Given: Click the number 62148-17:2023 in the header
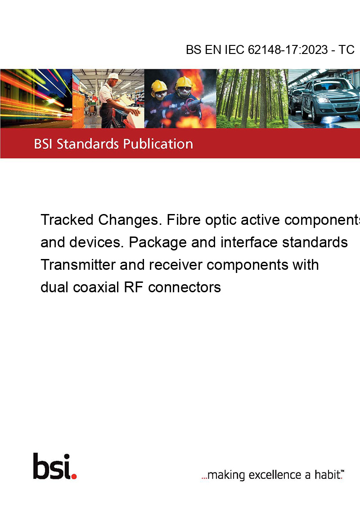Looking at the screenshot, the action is coord(288,49).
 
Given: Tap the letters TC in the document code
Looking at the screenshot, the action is coord(346,49).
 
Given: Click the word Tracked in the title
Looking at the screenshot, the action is coord(67,220).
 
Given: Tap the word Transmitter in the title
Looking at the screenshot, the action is coord(78,264).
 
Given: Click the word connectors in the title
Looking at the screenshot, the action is coord(184,287).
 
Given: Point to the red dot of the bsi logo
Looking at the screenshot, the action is coord(74,476).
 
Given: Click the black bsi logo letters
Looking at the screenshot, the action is coord(52,466).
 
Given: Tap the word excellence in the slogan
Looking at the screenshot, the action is coord(275,475).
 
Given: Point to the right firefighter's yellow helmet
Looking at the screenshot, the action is coord(184,82).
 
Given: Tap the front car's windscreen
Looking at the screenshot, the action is coord(331,85).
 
